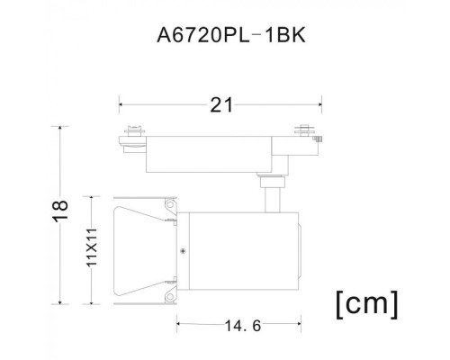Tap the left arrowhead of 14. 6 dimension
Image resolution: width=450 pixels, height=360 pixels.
(x=177, y=323)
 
